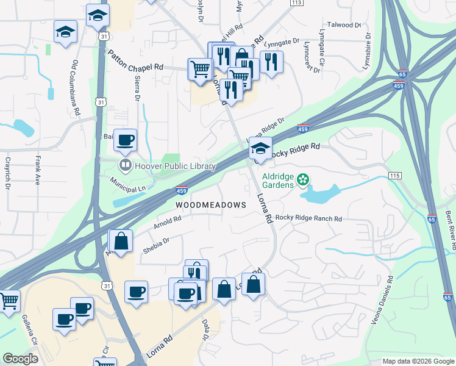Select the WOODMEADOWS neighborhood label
coord(211,205)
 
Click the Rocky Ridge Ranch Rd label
coord(308,218)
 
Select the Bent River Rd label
coord(451,231)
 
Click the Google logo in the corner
coord(20,359)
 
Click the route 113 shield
coord(296,2)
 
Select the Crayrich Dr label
coord(9,173)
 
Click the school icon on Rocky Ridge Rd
coord(260,148)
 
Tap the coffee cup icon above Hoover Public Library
coord(125,140)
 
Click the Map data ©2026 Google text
coord(418,361)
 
